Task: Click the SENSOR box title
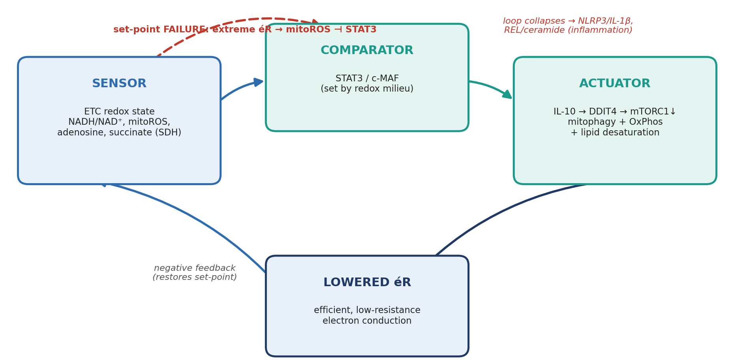coord(119,84)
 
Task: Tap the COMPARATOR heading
coord(367,51)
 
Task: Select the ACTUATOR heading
coord(615,84)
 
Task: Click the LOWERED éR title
coord(367,282)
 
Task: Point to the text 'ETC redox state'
coord(119,112)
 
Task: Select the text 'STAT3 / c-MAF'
coord(367,79)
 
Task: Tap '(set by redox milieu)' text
coord(367,89)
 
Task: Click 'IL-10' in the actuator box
coord(565,112)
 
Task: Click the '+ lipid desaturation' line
coord(615,133)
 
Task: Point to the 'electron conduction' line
coord(367,321)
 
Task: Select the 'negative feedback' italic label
coord(195,268)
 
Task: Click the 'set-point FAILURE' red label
coord(160,30)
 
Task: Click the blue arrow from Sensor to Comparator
coord(241,87)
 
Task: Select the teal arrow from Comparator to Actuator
coord(491,88)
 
